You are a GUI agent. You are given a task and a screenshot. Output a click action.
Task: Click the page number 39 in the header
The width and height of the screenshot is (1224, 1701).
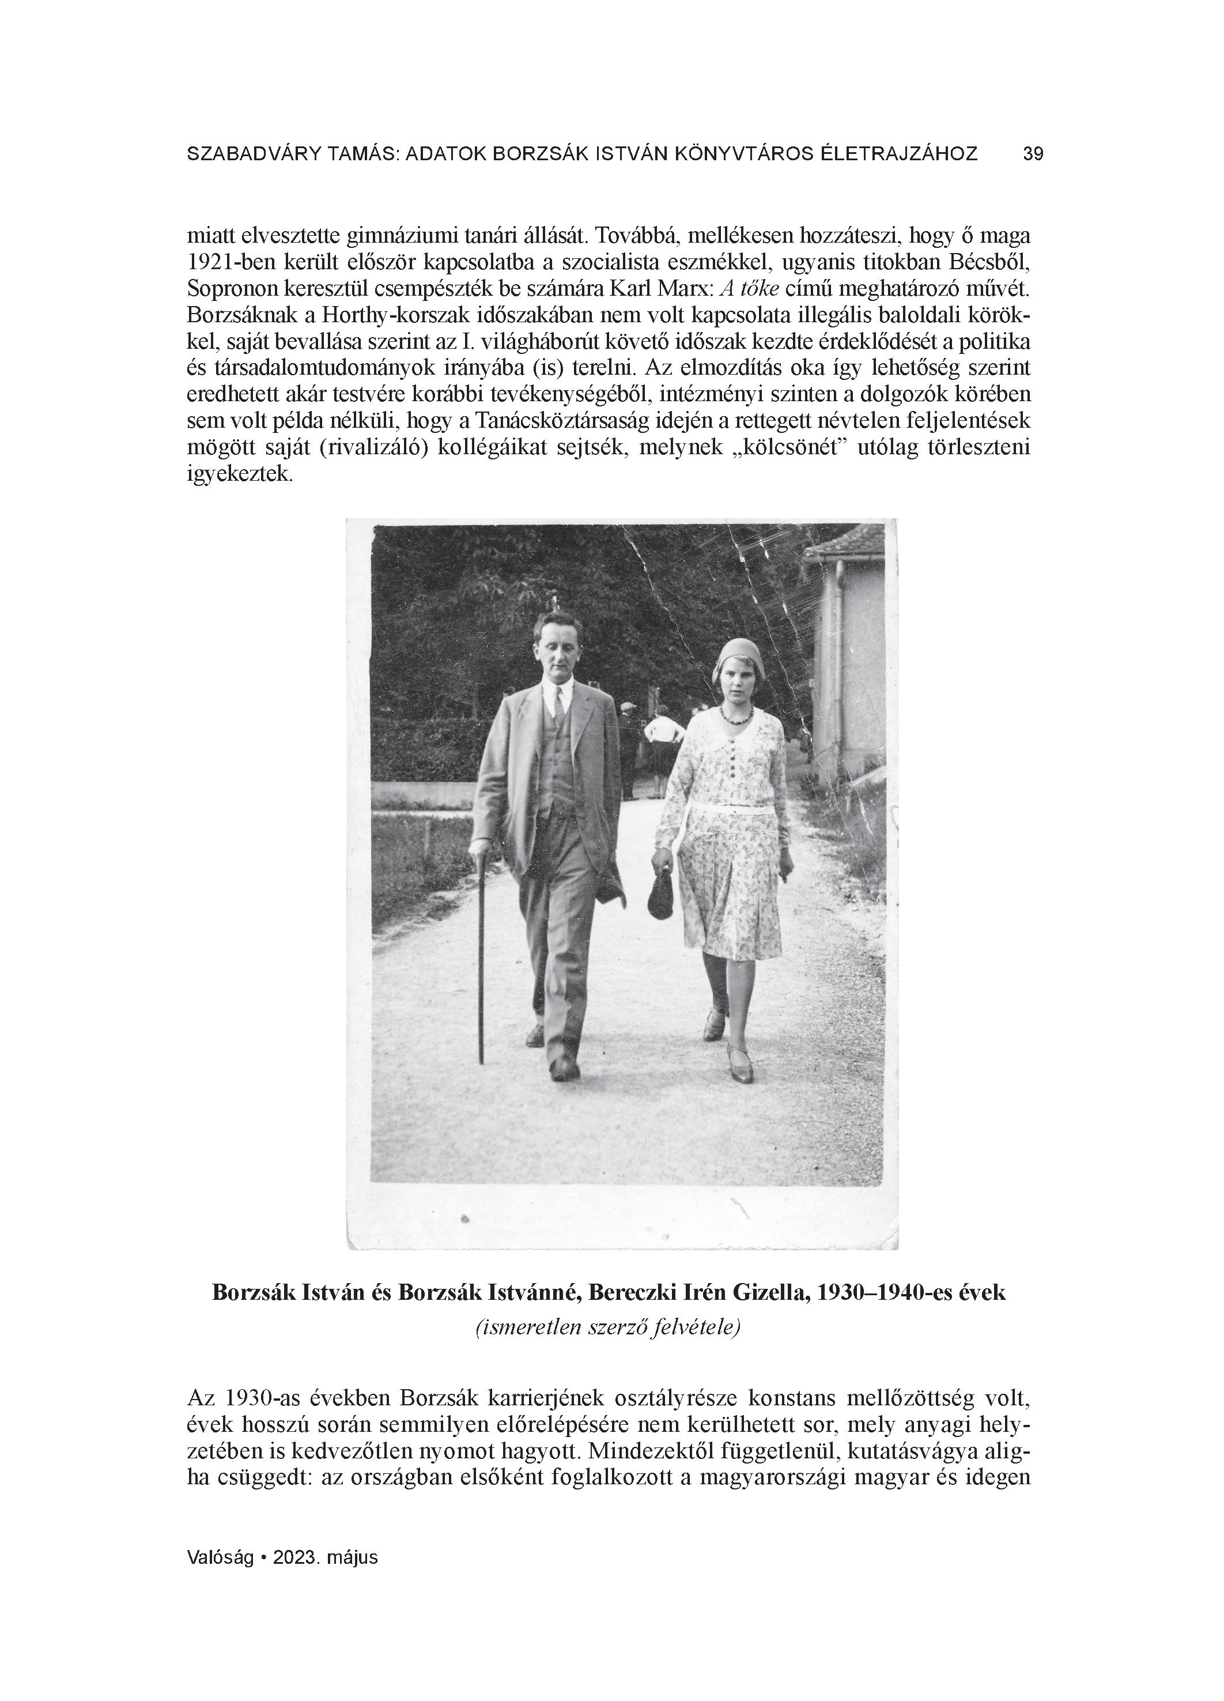coord(1033,154)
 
